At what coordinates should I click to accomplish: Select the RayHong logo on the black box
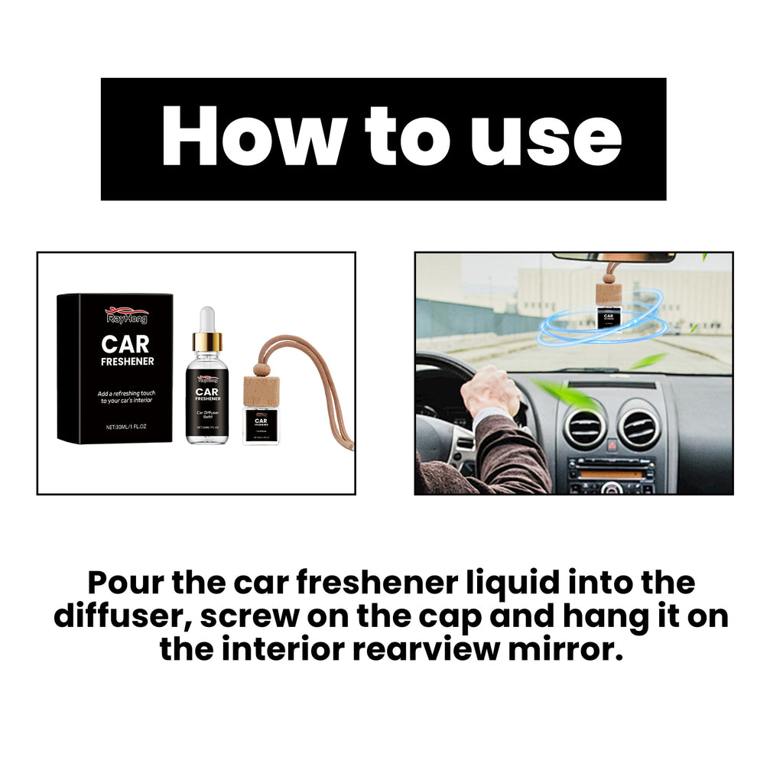(126, 315)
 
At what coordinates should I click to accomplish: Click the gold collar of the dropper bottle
(206, 342)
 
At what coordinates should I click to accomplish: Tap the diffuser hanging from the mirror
(609, 310)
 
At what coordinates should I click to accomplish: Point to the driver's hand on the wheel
(489, 390)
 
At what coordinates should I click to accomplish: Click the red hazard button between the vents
(612, 444)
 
